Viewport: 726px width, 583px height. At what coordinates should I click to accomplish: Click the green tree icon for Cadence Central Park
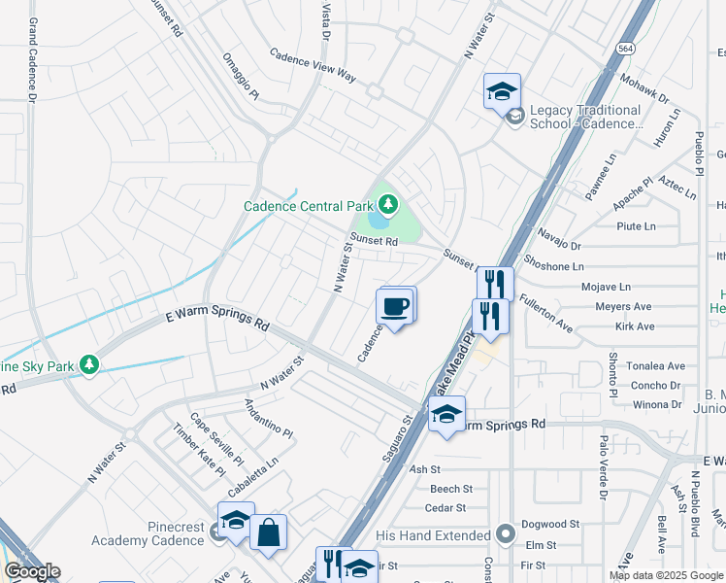pyautogui.click(x=388, y=204)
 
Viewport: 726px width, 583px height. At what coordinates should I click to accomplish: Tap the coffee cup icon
pyautogui.click(x=394, y=307)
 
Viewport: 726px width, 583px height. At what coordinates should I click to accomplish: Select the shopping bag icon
pyautogui.click(x=269, y=532)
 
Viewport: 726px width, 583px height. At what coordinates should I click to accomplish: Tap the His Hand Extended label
pyautogui.click(x=432, y=535)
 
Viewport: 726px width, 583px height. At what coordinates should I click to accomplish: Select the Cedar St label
pyautogui.click(x=445, y=507)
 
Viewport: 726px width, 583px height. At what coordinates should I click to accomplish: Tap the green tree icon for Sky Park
pyautogui.click(x=89, y=363)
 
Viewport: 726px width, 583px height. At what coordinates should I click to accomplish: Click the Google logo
pyautogui.click(x=32, y=571)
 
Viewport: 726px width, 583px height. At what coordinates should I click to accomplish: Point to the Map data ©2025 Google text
pyautogui.click(x=665, y=575)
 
